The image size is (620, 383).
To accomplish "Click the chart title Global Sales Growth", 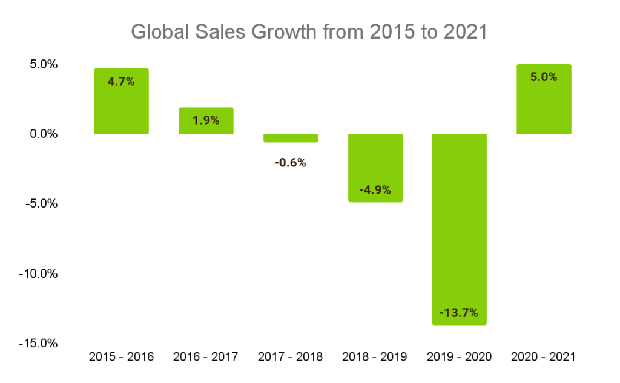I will tap(309, 32).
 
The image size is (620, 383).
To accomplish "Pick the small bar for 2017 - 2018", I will tap(290, 138).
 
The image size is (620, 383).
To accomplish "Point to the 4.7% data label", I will tap(121, 82).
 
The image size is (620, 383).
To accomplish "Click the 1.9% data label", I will tap(206, 120).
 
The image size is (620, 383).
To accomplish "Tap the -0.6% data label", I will tap(290, 162).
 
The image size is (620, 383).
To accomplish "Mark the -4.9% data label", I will tap(375, 190).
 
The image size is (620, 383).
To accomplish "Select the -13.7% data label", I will tap(459, 313).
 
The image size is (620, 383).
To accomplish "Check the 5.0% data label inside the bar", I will tap(544, 77).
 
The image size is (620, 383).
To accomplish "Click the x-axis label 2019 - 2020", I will tap(459, 356).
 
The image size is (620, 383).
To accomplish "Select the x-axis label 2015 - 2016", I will tap(121, 356).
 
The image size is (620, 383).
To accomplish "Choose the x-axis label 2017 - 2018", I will tap(290, 356).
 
